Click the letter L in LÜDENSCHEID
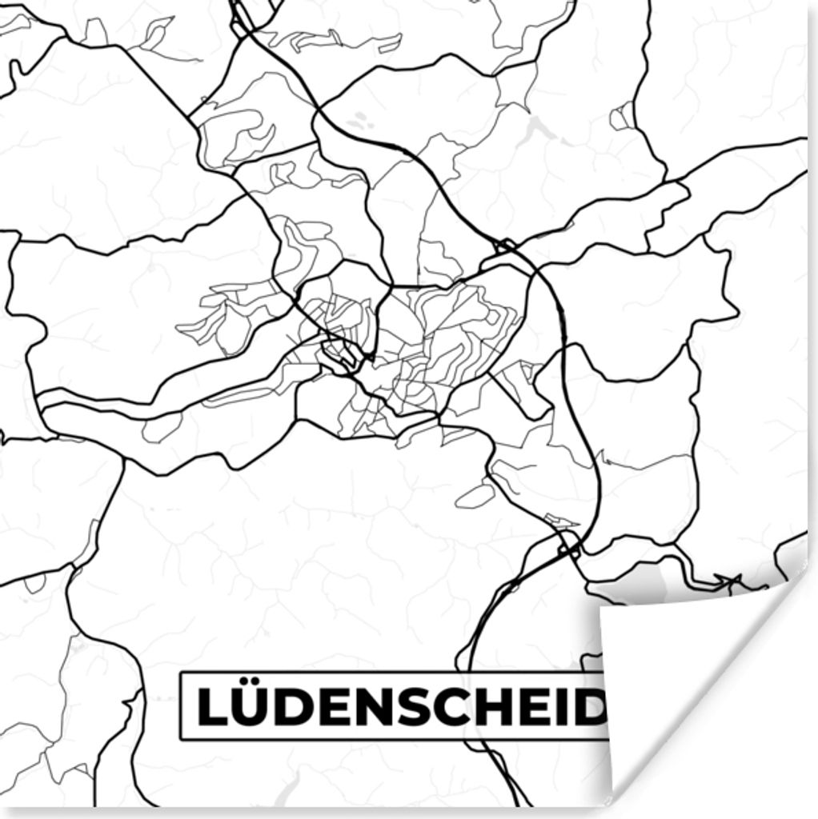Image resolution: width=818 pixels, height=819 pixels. (212, 706)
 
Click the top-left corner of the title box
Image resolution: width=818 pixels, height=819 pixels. (181, 673)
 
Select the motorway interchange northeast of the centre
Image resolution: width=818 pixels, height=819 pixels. (506, 246)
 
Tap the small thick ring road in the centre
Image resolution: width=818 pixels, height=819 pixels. (340, 354)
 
